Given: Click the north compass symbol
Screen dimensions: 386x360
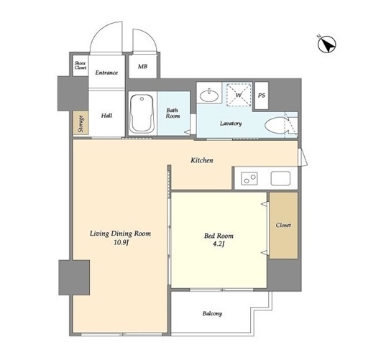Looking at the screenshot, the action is coord(326,45).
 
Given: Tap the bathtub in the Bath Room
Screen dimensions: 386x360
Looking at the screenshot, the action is coord(142,114).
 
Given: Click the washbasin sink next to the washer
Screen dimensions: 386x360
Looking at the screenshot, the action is coord(208,96).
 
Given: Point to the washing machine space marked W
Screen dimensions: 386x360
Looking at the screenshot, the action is coord(239,95).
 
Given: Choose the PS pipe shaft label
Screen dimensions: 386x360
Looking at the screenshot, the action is coord(262,96).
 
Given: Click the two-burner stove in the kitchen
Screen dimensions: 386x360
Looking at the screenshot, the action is coord(249,178).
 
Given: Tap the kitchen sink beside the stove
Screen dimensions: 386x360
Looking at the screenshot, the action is coord(280,178).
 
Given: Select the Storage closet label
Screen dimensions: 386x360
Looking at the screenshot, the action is coord(81,124).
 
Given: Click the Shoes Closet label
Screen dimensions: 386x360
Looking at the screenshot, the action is coord(81,65).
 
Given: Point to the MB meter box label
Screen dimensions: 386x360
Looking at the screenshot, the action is coord(142,66).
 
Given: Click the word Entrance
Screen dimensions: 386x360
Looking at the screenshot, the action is coord(106,73).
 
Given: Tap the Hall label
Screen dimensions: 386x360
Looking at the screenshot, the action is coord(106,116).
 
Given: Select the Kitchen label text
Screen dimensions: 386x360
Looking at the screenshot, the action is coord(202,160).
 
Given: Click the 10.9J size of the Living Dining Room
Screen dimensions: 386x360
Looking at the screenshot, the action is coord(121,243).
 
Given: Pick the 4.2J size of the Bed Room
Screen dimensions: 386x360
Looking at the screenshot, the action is coord(219,244).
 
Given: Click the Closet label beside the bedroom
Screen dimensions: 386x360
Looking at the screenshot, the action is coord(283,225).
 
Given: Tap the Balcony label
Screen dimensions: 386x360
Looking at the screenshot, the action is coord(212,313).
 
